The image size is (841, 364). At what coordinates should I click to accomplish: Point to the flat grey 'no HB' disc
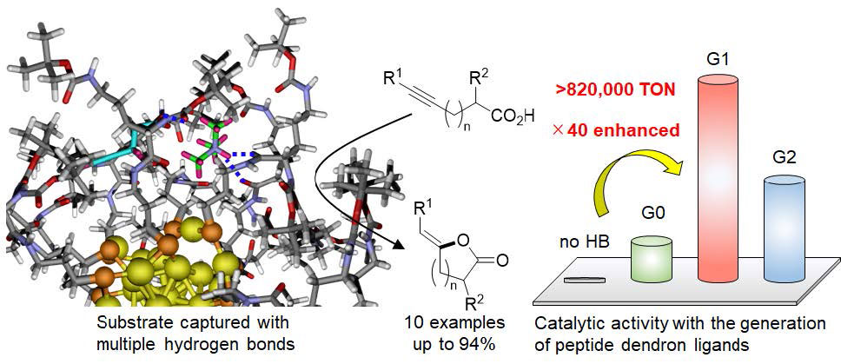coord(579,279)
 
